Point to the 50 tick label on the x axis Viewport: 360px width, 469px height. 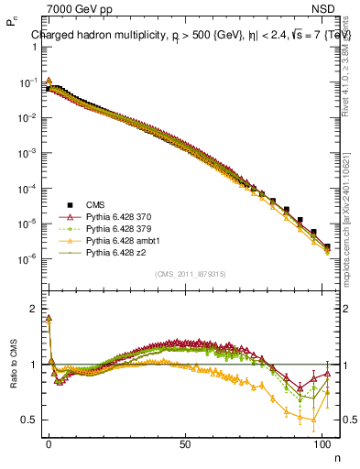[185, 442]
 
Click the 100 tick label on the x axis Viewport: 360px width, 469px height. [322, 442]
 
